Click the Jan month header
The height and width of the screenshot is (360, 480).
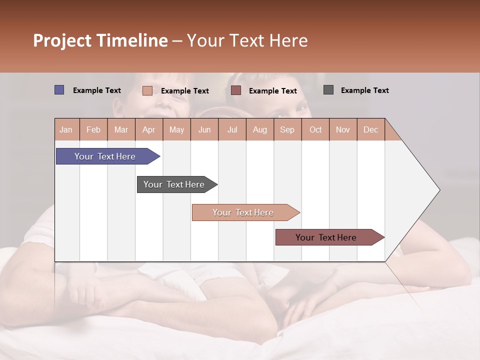coord(66,129)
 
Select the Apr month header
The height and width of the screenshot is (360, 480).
coord(148,129)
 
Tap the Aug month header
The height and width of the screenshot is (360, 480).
coord(259,129)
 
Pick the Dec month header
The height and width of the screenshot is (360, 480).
coord(370,129)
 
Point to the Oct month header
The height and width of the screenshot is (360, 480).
coord(315,129)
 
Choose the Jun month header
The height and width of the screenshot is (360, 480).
coord(204,129)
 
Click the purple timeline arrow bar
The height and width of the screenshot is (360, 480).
coord(105,156)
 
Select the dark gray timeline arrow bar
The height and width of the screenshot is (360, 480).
coord(174,184)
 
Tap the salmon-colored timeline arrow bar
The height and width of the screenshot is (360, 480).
coord(243,212)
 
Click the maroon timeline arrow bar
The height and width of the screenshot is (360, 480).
coord(326,237)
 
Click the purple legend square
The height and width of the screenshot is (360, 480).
coord(59,90)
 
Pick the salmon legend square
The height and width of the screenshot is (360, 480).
coord(147,90)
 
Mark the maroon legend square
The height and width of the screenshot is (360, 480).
coord(236,90)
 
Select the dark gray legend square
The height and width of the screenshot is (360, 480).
coord(328,90)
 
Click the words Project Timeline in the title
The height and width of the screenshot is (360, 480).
coord(100,40)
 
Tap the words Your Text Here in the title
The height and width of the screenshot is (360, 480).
coord(247,40)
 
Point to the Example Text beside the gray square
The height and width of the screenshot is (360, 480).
coord(364,90)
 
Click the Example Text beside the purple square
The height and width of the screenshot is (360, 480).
coord(96,90)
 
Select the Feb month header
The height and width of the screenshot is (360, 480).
coord(93,129)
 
